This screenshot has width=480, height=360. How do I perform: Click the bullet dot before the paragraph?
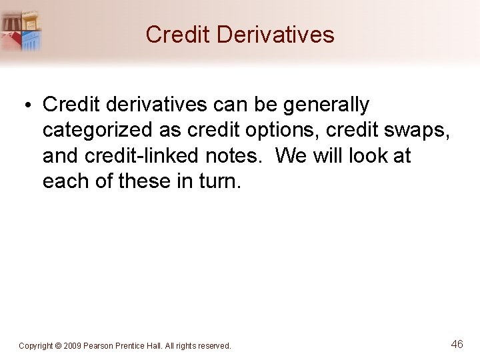tap(31, 105)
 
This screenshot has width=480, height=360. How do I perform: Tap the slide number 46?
tap(457, 344)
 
